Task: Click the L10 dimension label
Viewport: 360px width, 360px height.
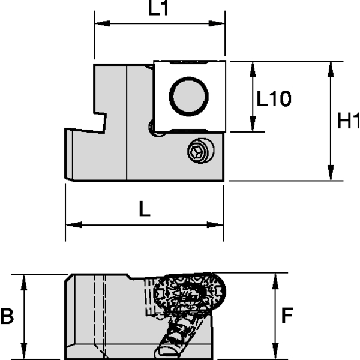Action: click(274, 98)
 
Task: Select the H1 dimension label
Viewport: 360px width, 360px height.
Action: click(347, 121)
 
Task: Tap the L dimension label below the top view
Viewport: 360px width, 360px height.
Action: click(144, 209)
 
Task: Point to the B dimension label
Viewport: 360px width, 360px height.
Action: click(7, 316)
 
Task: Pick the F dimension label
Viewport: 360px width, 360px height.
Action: click(287, 315)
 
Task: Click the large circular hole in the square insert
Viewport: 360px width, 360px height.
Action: click(190, 96)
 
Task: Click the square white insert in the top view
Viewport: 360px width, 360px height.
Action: click(190, 96)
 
